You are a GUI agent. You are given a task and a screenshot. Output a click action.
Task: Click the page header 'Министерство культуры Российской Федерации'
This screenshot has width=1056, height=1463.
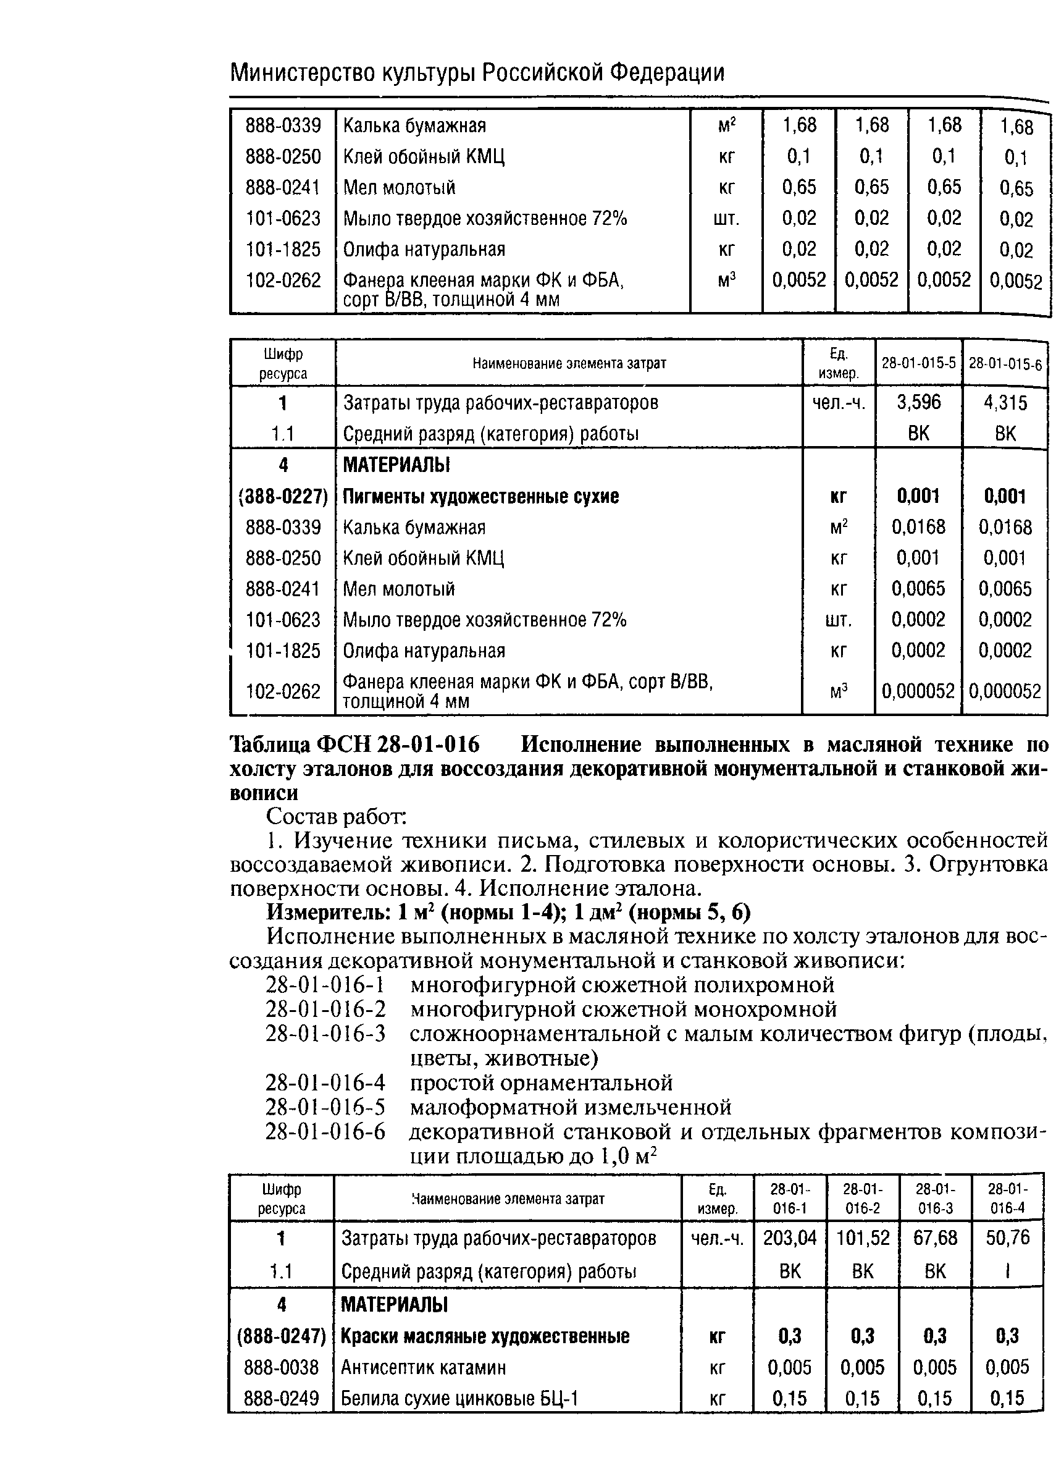point(477,73)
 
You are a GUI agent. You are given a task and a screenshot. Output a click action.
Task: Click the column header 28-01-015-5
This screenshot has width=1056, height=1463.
point(918,363)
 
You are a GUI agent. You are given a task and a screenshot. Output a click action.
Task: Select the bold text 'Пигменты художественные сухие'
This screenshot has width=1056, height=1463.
point(480,496)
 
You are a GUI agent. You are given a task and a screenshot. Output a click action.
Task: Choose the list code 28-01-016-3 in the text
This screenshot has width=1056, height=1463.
point(325,1034)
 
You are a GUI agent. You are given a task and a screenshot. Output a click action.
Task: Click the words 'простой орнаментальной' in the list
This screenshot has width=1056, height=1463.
point(541,1082)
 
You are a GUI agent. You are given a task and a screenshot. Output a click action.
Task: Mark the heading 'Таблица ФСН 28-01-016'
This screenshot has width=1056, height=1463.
point(354,744)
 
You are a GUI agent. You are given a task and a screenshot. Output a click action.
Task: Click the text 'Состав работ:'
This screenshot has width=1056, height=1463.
point(335,817)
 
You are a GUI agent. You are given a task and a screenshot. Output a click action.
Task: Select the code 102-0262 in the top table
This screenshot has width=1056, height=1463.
point(283,280)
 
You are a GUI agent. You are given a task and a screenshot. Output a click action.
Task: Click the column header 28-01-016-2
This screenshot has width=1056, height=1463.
point(862,1199)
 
